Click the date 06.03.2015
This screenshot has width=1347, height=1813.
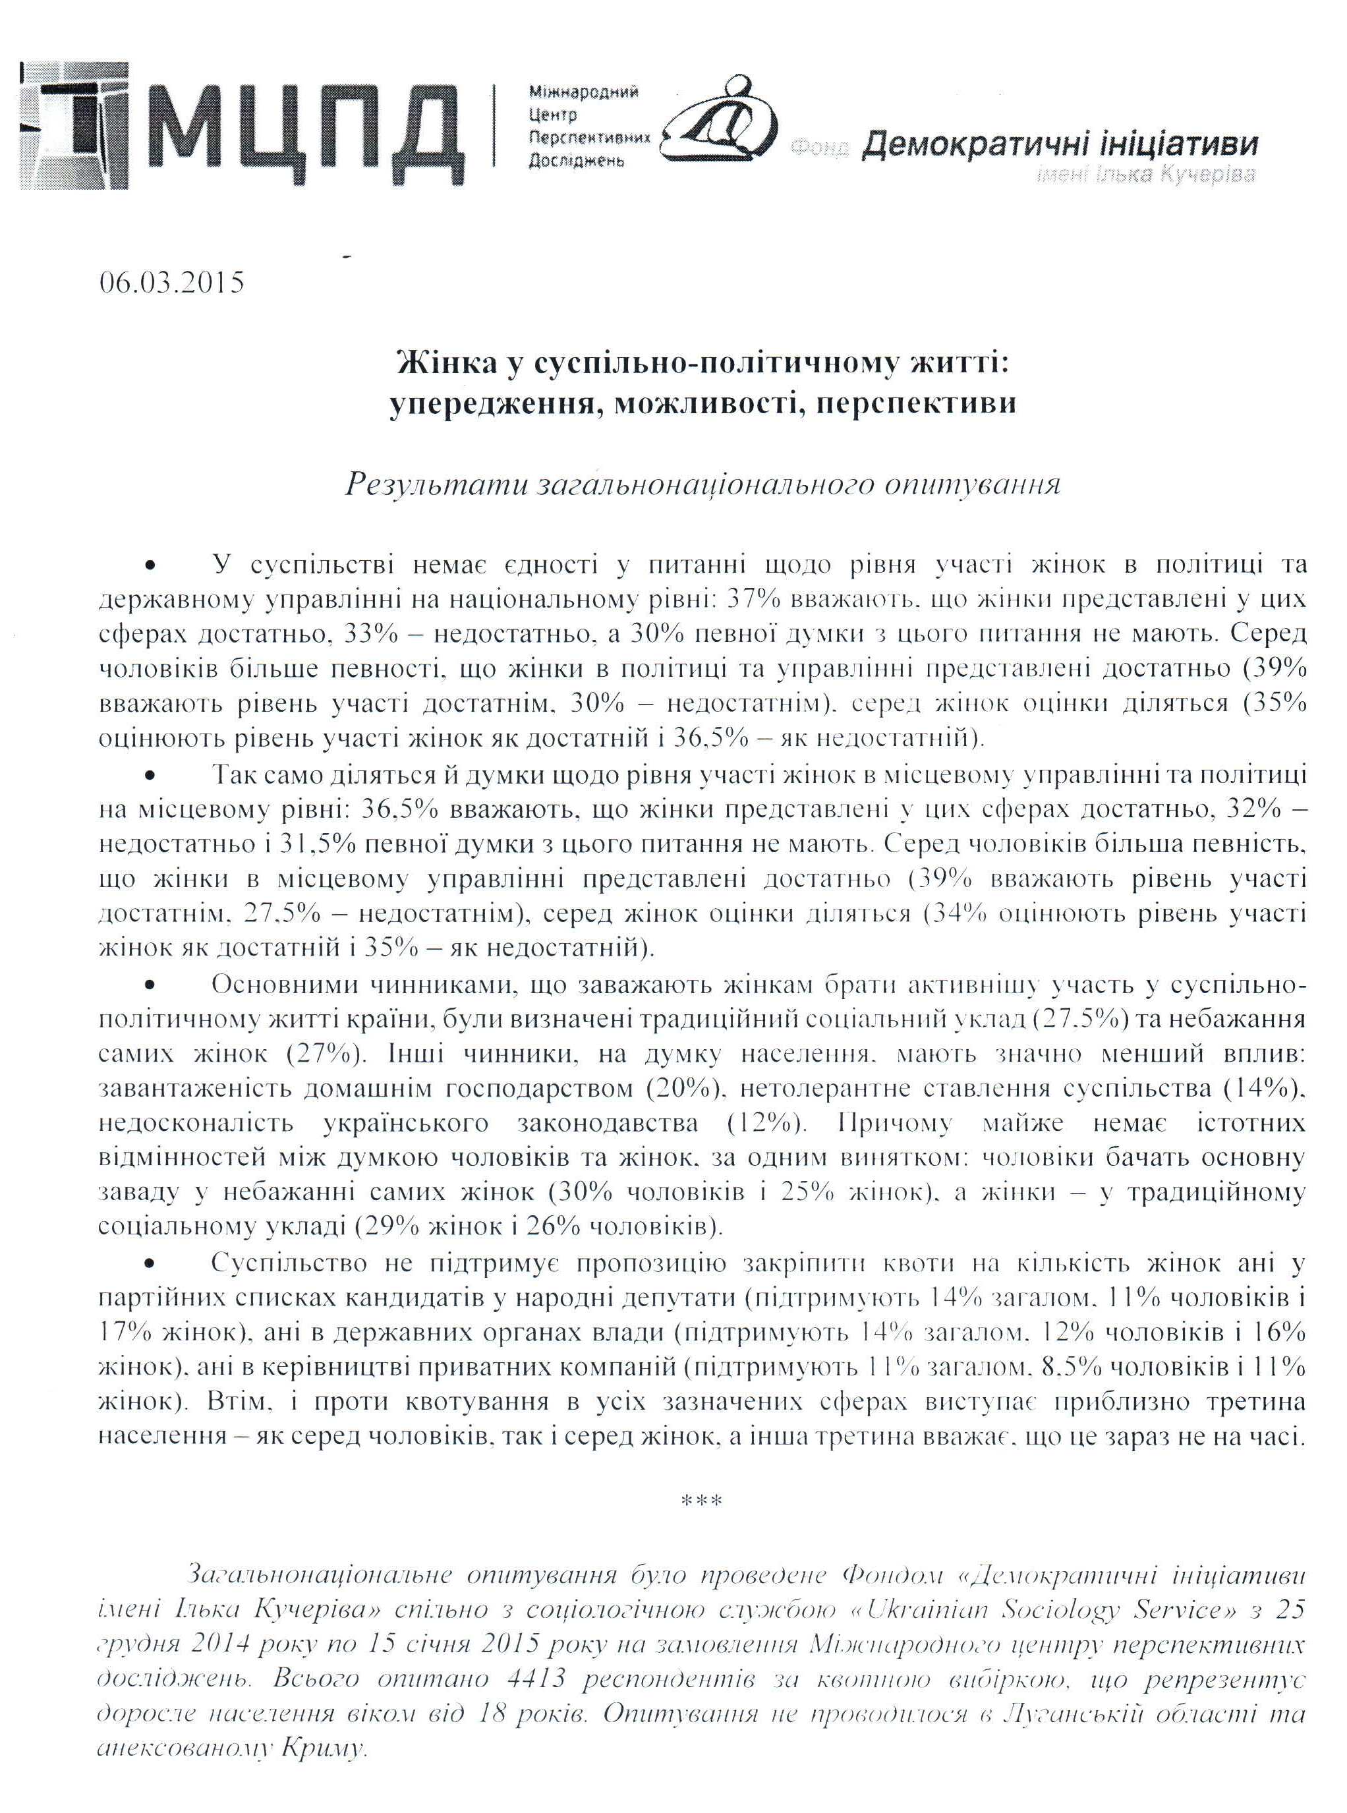[171, 282]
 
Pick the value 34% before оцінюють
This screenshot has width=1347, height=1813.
[956, 913]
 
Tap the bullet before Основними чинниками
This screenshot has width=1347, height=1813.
[150, 985]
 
